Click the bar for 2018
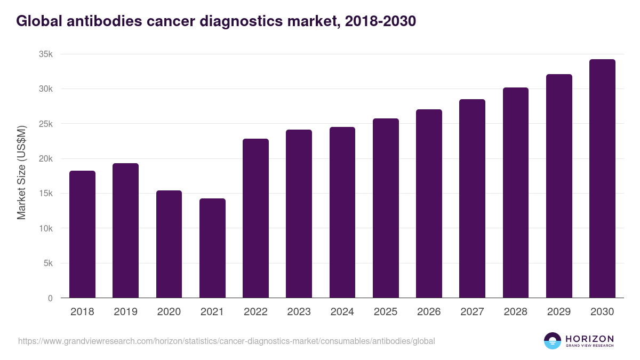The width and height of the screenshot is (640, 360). click(x=82, y=234)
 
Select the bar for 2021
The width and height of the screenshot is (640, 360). click(x=212, y=248)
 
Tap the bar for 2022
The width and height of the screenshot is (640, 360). click(x=255, y=218)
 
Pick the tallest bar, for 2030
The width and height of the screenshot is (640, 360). click(x=602, y=179)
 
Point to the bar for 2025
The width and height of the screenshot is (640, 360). click(x=386, y=208)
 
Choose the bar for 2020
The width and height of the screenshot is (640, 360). click(x=169, y=244)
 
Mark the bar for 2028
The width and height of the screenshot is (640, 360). click(x=516, y=193)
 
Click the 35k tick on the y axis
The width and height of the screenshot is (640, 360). click(x=46, y=54)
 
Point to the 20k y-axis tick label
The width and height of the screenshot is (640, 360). click(x=46, y=159)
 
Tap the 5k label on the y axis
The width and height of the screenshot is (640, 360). click(x=48, y=263)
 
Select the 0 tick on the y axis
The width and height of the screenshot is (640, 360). click(x=50, y=298)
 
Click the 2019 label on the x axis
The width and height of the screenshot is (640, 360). click(x=125, y=312)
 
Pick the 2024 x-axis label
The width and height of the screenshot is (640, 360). click(x=342, y=312)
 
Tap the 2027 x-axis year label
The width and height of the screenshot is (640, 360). click(x=472, y=312)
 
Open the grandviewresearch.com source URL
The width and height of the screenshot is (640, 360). click(x=227, y=341)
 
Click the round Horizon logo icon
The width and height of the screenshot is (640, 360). click(x=553, y=341)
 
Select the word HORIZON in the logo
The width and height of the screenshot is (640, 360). click(x=589, y=339)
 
